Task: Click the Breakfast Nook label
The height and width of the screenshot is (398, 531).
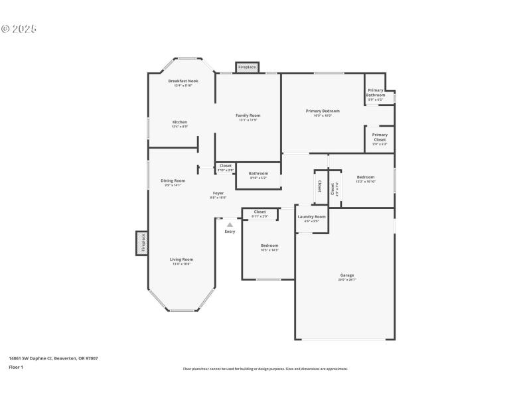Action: click(183, 81)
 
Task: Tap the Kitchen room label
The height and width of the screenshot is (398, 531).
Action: click(180, 122)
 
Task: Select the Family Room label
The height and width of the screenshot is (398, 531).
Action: click(248, 115)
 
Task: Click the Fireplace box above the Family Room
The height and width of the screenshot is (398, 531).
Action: click(247, 67)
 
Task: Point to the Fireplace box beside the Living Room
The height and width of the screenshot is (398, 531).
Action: click(142, 243)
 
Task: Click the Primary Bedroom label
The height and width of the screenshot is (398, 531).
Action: click(323, 111)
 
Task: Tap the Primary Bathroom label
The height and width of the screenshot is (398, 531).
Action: click(376, 92)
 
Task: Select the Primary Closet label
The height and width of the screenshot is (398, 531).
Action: click(380, 137)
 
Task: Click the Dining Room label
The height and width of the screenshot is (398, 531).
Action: click(173, 180)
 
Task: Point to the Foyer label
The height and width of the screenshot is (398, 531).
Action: click(218, 193)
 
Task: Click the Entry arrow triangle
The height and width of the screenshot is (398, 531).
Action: click(230, 225)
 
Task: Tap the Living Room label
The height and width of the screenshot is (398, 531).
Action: click(182, 259)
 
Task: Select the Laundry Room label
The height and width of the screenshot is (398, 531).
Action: click(311, 217)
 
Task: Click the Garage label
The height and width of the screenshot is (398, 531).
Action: click(347, 275)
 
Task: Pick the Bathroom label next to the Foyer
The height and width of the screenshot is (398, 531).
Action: click(259, 174)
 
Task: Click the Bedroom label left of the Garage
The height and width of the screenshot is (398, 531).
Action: click(269, 245)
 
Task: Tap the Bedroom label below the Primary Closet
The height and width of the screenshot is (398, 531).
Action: click(366, 177)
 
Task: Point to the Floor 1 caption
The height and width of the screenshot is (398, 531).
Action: click(16, 367)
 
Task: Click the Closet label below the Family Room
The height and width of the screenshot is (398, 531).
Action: click(226, 166)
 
